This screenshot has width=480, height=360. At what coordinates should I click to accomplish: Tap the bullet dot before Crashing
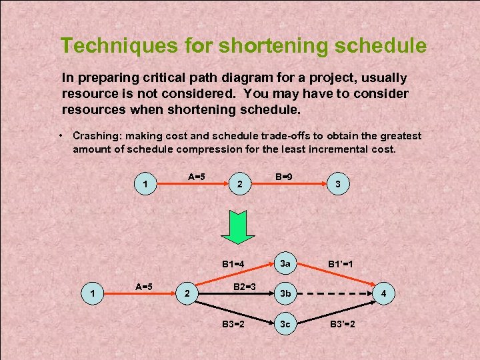tap(61, 135)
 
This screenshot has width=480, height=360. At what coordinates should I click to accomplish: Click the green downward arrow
tap(238, 227)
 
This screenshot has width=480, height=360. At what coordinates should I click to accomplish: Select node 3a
tap(285, 264)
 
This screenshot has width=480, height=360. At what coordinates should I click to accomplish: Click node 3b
tap(285, 293)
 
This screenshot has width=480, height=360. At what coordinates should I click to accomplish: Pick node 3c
tap(285, 325)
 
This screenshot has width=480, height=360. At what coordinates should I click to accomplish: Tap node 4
tap(383, 293)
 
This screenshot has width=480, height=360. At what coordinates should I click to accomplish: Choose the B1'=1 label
tap(345, 265)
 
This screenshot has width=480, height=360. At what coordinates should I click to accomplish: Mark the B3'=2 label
tap(345, 325)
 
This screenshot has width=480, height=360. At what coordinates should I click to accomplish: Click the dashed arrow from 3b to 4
tap(333, 293)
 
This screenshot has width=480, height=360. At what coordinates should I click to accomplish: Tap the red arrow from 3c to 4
tap(333, 311)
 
